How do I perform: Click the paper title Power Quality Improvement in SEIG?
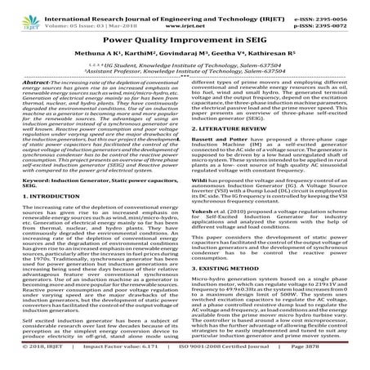tap(185, 38)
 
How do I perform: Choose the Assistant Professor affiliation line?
tap(185, 72)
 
